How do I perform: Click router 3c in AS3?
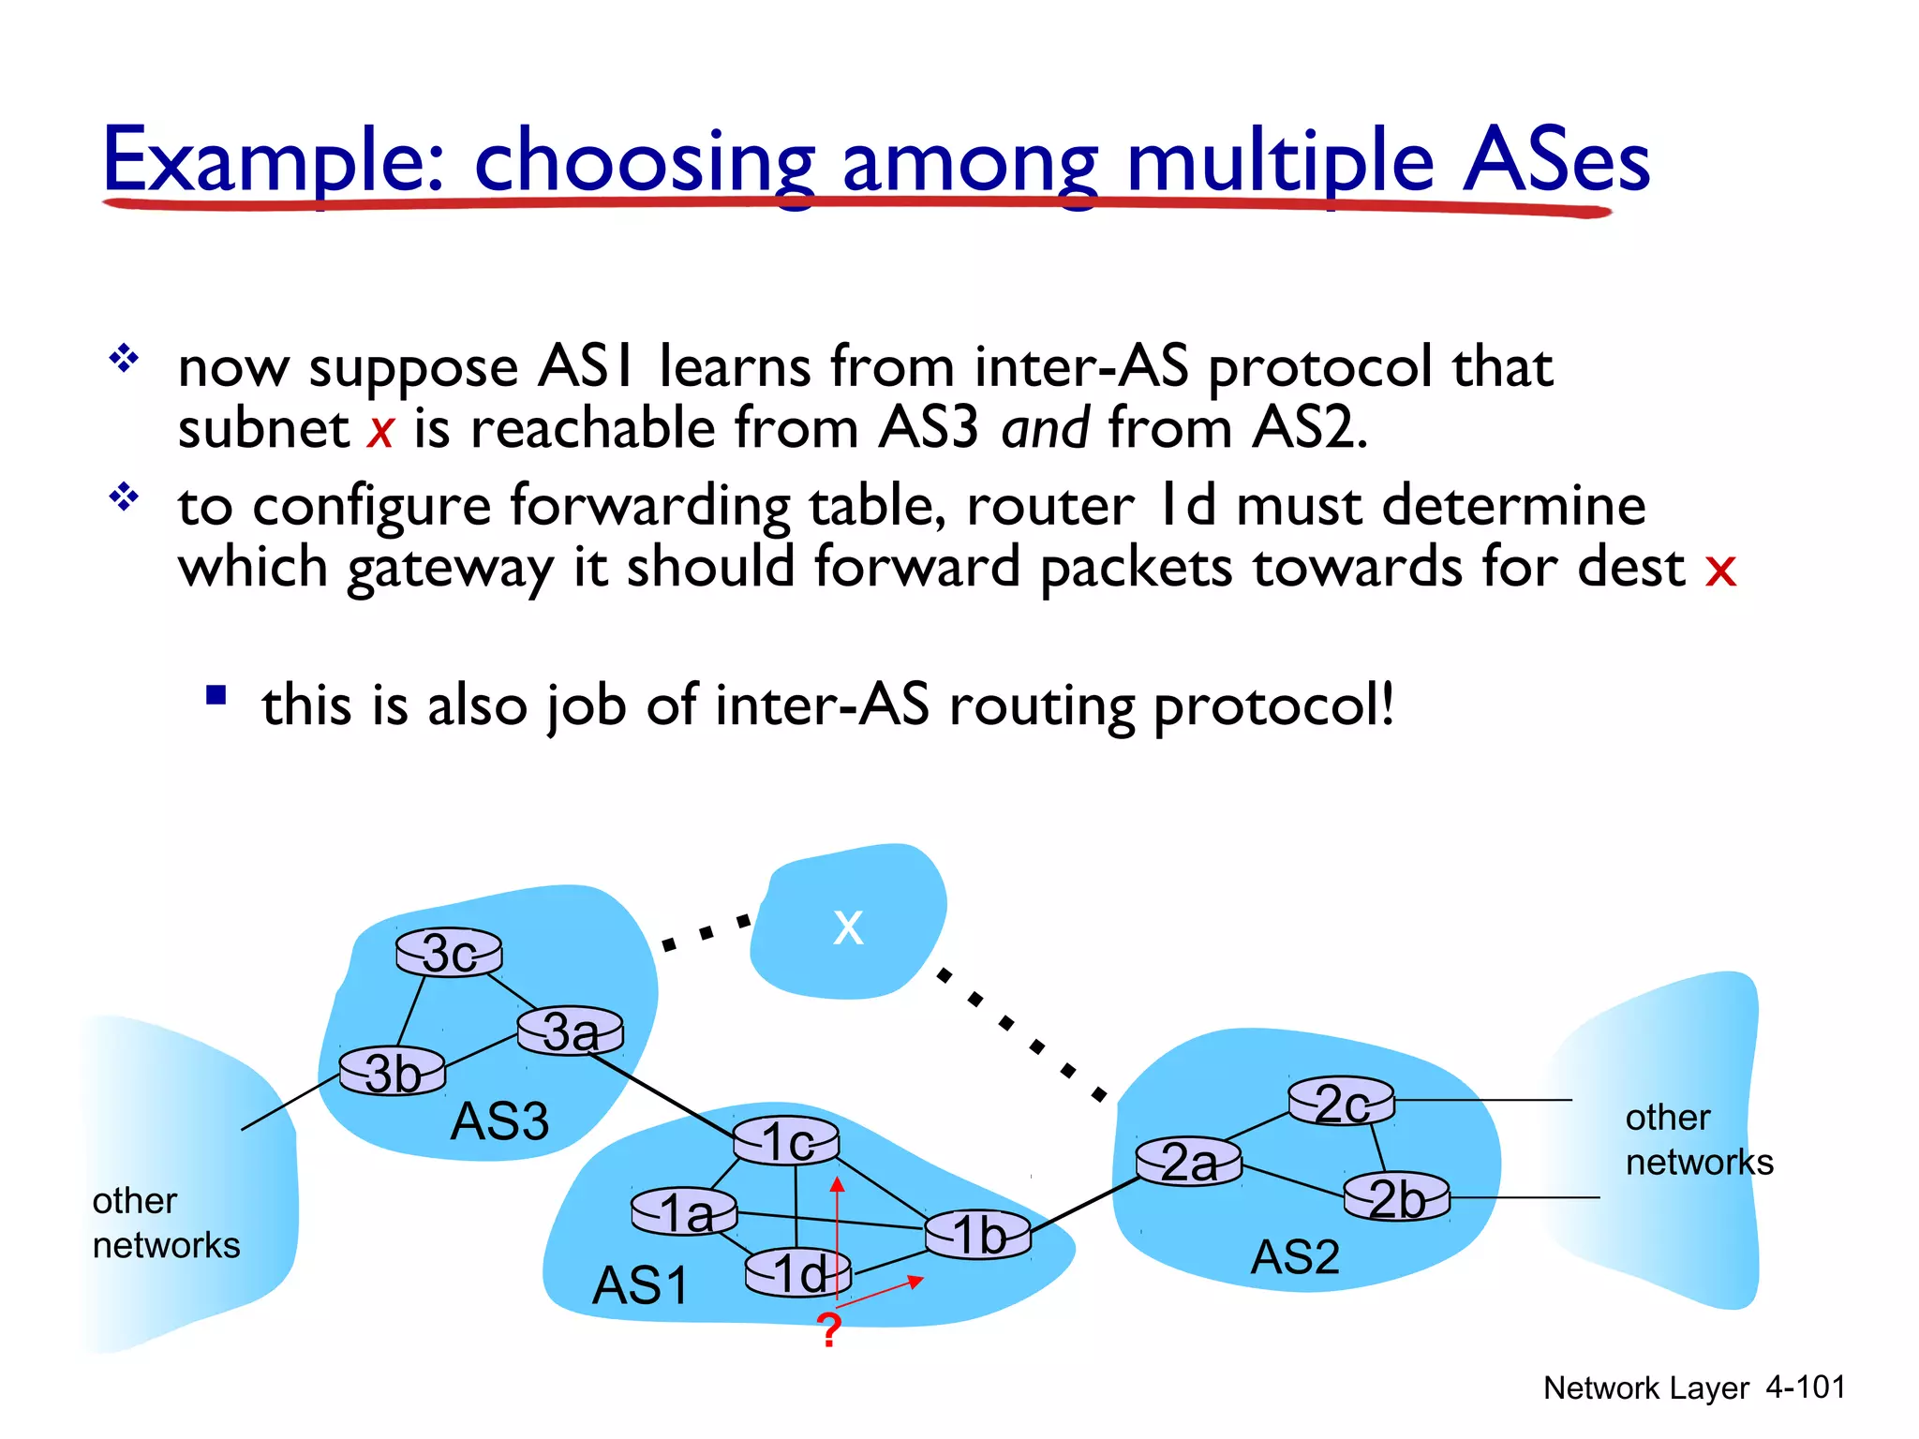pos(449,954)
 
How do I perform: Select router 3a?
pos(571,1031)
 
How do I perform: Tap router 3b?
pos(393,1072)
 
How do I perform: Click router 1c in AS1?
pos(786,1141)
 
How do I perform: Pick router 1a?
pos(685,1212)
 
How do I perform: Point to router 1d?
pos(798,1273)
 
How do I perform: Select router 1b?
pos(978,1235)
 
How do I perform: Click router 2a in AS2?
pos(1189,1163)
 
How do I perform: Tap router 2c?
pos(1342,1102)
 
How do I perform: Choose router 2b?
pos(1397,1198)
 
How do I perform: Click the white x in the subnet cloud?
pos(848,927)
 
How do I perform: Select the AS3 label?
pos(499,1121)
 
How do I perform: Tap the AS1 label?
pos(641,1285)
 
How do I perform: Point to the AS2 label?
pos(1296,1257)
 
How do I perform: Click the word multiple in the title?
pos(1280,161)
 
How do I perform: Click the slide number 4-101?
pos(1806,1387)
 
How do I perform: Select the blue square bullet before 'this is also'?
pos(216,695)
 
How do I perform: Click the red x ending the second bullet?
pos(1720,569)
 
